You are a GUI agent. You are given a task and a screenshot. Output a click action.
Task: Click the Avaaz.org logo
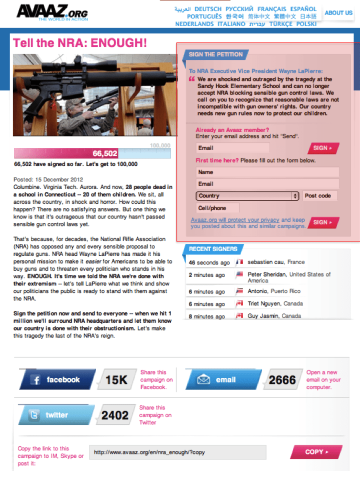coord(52,12)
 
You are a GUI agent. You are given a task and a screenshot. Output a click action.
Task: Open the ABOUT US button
coord(338,13)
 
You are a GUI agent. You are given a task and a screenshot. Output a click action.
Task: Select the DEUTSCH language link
coord(208,9)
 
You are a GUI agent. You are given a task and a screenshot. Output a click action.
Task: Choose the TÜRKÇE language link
coord(281,24)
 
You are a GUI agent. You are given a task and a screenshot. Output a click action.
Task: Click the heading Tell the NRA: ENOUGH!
coord(80,43)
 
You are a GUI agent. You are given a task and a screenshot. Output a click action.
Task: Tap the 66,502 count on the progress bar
coord(105,153)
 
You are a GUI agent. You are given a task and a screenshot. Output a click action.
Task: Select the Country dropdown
coord(248,196)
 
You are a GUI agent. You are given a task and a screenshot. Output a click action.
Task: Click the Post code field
coord(319,196)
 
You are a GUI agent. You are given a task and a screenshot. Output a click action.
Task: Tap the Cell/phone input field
coord(217,208)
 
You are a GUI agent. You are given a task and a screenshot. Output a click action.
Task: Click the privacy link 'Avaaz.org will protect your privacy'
coord(235,220)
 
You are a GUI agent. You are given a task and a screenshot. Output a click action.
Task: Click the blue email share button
coord(222,380)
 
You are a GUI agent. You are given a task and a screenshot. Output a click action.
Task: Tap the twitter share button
coord(56,415)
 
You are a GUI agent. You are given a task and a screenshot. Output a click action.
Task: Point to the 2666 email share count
coord(282,380)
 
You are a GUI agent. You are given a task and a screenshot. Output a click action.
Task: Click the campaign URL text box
coord(177,452)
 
